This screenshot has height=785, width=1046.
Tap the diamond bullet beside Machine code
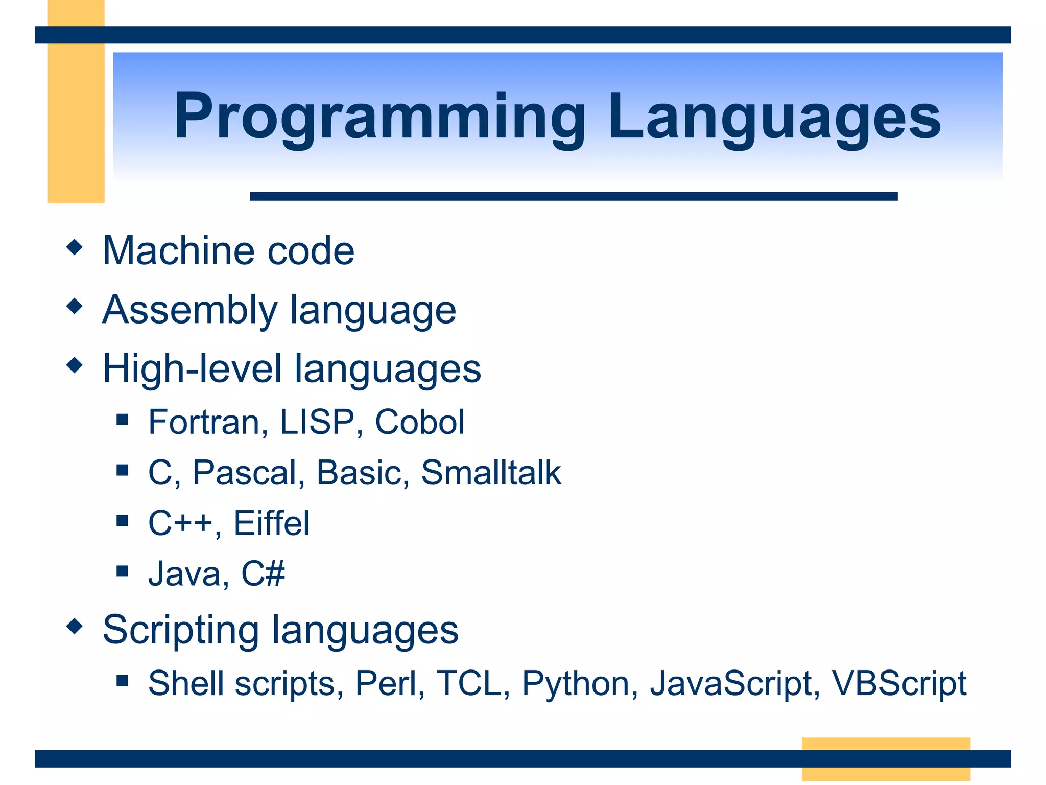(x=75, y=247)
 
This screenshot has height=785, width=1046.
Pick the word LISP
(x=317, y=423)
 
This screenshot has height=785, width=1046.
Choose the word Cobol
(x=419, y=423)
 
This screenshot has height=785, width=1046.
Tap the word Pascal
(x=248, y=473)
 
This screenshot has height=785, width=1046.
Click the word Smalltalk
(x=491, y=473)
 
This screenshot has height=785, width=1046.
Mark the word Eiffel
(x=271, y=523)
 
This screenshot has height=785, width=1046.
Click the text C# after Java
(x=263, y=573)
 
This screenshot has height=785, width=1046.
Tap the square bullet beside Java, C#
(x=122, y=571)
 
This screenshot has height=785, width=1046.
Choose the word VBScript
(x=898, y=683)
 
